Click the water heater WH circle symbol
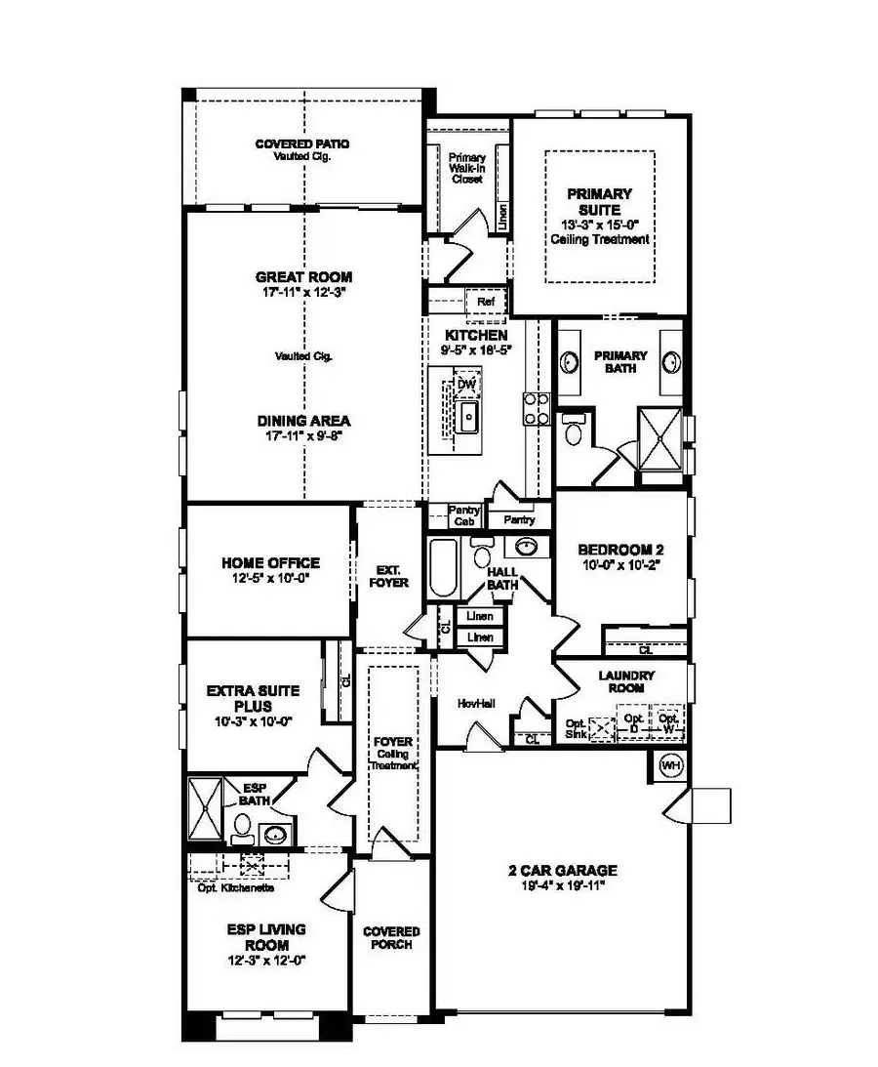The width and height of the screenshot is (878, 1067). (670, 765)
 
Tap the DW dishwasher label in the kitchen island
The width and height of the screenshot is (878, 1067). (466, 385)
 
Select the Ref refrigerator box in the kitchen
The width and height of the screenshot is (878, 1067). (486, 303)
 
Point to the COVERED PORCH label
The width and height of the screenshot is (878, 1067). (391, 938)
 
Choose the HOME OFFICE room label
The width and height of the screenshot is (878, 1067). (270, 563)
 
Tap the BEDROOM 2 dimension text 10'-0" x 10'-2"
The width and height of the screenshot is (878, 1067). (620, 563)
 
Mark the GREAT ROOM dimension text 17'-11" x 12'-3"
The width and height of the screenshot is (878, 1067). (302, 291)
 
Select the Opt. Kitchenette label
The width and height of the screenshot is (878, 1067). (235, 887)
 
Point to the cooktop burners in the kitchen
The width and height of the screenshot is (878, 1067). (535, 408)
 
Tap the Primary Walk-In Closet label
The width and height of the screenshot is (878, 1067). (466, 168)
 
